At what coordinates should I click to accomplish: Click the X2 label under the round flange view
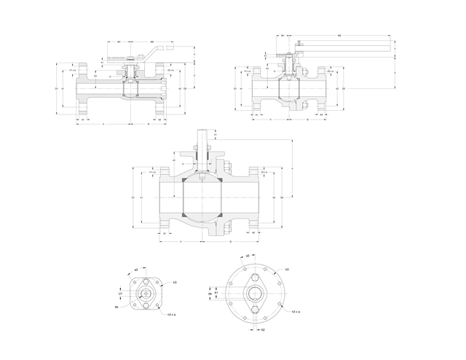(x=263, y=329)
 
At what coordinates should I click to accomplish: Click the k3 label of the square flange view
(x=175, y=282)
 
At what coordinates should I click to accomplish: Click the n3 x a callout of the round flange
(x=296, y=312)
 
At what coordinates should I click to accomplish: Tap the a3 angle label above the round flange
(x=248, y=256)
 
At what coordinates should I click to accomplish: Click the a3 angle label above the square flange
(x=137, y=270)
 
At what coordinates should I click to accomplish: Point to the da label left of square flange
(x=116, y=307)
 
